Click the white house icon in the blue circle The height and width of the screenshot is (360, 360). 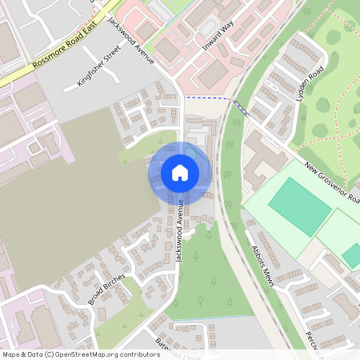tap(180, 172)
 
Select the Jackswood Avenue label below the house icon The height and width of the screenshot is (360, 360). tap(180, 230)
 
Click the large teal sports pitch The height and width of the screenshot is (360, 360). tap(299, 206)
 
